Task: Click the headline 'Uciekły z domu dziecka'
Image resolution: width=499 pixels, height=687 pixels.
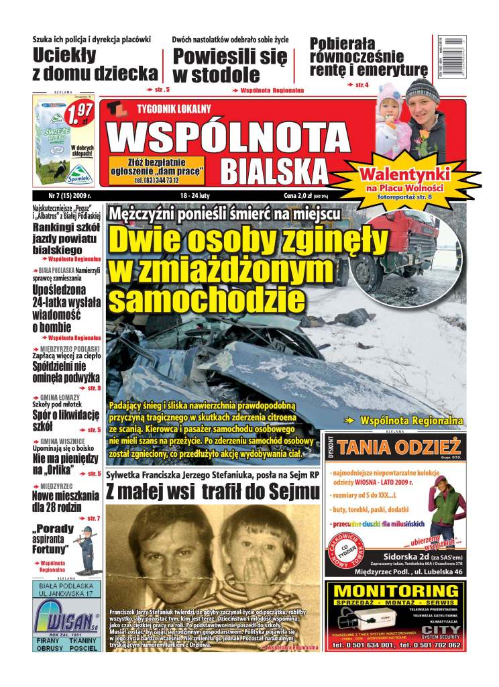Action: click(95, 64)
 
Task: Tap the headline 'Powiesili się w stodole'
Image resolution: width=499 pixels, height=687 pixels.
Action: click(229, 65)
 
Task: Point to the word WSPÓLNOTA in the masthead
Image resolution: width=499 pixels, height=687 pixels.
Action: click(228, 138)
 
